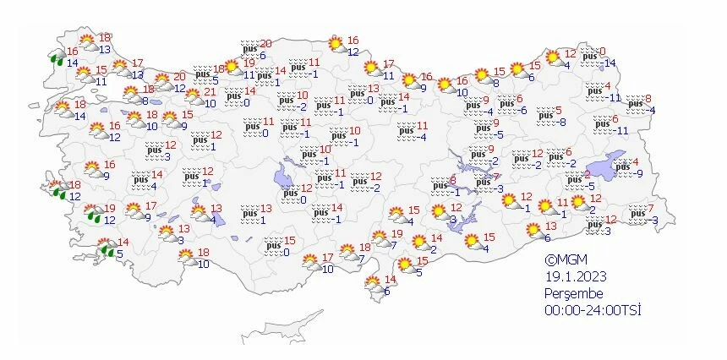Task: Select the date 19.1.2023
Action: (x=573, y=277)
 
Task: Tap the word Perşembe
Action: (x=576, y=294)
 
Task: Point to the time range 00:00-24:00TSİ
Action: (x=593, y=311)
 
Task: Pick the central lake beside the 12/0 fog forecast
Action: (x=284, y=179)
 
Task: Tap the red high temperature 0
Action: (x=603, y=52)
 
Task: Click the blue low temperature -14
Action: (x=609, y=63)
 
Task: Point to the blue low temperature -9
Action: (x=639, y=173)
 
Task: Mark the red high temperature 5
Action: (x=558, y=110)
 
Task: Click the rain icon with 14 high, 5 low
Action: (x=107, y=248)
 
